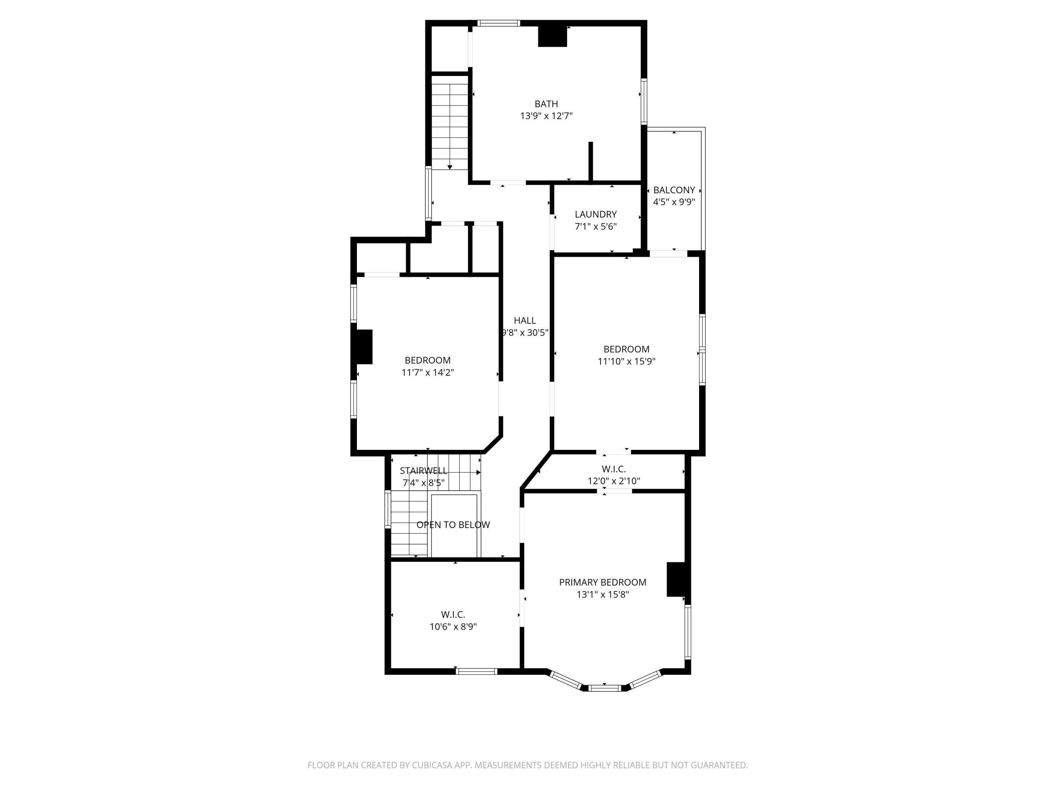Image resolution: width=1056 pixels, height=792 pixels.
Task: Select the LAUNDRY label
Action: point(595,214)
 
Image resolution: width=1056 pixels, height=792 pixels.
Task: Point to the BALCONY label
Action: point(674,190)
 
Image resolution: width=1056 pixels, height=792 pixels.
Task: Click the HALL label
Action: point(525,320)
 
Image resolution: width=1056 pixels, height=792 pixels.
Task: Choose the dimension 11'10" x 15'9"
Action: point(626,362)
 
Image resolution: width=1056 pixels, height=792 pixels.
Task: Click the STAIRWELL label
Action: point(423,471)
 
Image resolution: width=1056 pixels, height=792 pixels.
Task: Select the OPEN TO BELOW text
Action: point(453,525)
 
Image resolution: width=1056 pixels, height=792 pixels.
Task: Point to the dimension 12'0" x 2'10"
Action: point(614,481)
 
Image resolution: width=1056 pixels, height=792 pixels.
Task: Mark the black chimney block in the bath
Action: point(552,36)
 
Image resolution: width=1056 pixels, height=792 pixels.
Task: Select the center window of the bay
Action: point(604,688)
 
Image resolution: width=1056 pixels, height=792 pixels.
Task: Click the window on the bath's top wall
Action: point(498,23)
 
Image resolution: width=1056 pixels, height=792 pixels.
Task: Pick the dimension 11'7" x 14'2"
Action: point(427,372)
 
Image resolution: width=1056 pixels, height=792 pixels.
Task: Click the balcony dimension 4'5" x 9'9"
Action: point(674,202)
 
